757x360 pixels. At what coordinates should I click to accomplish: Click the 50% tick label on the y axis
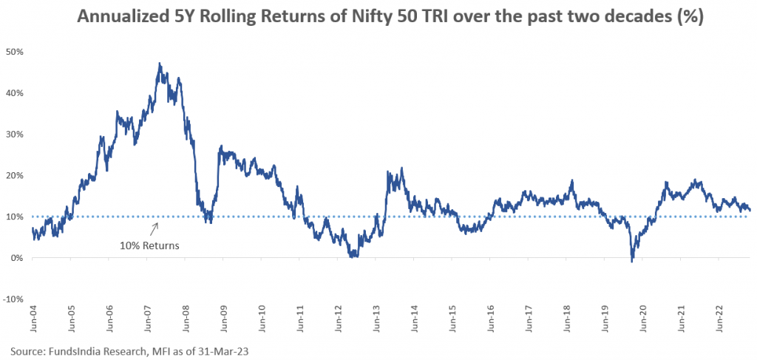(x=16, y=52)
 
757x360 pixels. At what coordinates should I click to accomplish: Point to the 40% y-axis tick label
(x=16, y=93)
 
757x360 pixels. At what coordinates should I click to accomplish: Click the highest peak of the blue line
(x=160, y=64)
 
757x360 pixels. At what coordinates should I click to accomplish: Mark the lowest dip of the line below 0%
(x=632, y=262)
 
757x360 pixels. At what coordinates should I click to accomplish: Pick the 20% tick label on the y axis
(x=16, y=175)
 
